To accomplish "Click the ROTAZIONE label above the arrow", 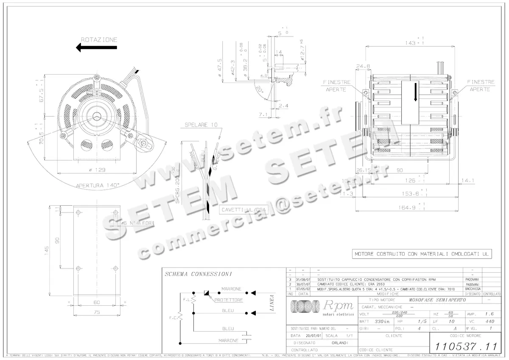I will coord(99,39).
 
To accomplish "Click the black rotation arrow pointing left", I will coord(96,47).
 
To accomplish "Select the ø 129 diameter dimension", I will coord(97,170).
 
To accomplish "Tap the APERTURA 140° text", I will coord(98,185).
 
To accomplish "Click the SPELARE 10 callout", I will coord(201,125).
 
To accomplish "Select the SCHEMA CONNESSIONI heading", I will coord(198,274).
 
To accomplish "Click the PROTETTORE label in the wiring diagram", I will coord(228,300).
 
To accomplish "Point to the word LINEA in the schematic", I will coord(272,303).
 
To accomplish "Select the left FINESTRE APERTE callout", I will coord(336,86).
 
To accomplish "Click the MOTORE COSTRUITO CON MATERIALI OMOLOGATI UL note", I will coord(423,254).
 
